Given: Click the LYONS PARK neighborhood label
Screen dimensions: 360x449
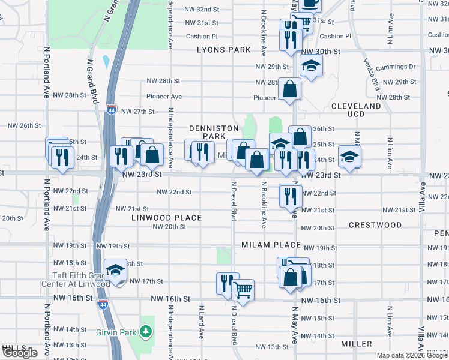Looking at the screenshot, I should pyautogui.click(x=223, y=50).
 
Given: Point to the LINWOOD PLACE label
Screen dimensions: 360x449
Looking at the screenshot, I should pyautogui.click(x=167, y=217).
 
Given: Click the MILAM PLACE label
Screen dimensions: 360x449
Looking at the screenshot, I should pyautogui.click(x=271, y=245).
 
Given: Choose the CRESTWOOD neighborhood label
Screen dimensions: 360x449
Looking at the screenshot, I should pyautogui.click(x=375, y=225).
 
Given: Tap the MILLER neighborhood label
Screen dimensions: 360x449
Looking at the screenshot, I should pyautogui.click(x=357, y=344).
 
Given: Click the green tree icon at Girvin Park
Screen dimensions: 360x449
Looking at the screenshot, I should pyautogui.click(x=145, y=331).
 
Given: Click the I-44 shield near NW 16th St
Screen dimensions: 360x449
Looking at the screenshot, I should pyautogui.click(x=103, y=304).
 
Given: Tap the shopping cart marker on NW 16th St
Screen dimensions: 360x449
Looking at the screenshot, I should pyautogui.click(x=243, y=290).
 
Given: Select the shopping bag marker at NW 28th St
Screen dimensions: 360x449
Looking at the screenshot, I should pyautogui.click(x=289, y=89).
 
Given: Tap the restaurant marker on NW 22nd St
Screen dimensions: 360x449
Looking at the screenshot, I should pyautogui.click(x=290, y=195).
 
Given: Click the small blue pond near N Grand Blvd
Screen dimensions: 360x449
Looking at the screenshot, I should pyautogui.click(x=106, y=61).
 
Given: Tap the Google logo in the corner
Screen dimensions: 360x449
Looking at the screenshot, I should pyautogui.click(x=20, y=353).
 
